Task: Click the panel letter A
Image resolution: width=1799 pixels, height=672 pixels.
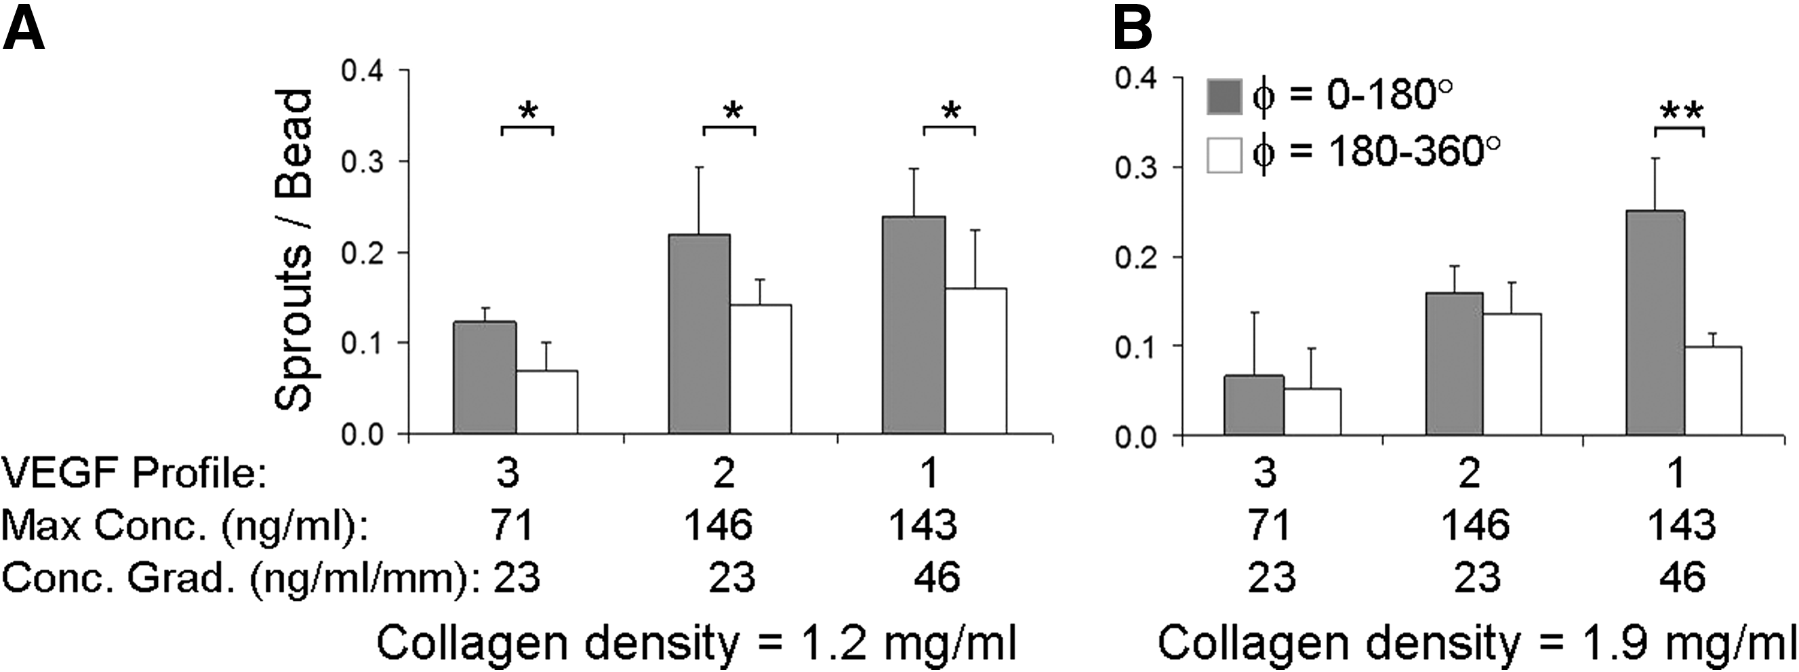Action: point(24,26)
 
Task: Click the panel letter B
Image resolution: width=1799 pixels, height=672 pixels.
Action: point(1132,26)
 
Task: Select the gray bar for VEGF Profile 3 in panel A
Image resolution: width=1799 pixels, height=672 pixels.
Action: point(485,377)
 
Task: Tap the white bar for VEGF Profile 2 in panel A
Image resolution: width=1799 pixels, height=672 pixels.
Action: point(761,369)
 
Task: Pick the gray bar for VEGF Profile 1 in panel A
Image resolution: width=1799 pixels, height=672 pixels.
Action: point(914,325)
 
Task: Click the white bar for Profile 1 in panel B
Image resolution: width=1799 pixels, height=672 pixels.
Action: point(1712,391)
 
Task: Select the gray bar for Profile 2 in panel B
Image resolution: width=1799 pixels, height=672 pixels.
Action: point(1454,364)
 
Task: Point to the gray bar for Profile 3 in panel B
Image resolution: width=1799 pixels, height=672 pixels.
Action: point(1254,405)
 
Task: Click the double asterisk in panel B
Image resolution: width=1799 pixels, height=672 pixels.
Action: point(1681,112)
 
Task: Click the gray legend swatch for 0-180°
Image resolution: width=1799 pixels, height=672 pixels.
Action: point(1224,96)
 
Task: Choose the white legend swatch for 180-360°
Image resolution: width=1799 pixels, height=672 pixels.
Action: point(1224,155)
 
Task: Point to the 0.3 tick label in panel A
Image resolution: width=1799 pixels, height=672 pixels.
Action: point(363,162)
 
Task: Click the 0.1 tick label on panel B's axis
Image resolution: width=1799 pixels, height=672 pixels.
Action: point(1137,347)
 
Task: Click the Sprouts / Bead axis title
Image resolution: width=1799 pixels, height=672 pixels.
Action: point(294,250)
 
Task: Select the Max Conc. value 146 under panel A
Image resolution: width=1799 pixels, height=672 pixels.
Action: point(718,525)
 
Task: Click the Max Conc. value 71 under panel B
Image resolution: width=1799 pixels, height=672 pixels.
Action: point(1268,525)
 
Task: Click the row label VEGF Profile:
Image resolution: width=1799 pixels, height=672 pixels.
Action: point(135,473)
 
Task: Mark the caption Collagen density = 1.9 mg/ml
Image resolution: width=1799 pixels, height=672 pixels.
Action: point(1477,644)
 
